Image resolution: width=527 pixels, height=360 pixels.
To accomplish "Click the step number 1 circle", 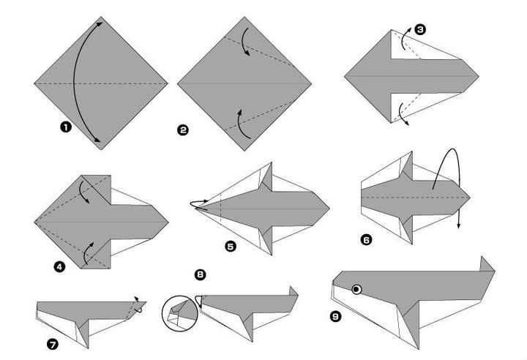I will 66,127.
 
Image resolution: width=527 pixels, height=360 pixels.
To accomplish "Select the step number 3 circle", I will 419,30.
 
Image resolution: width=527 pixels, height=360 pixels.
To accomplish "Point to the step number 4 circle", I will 60,267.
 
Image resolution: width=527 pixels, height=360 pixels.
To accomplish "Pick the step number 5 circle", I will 231,247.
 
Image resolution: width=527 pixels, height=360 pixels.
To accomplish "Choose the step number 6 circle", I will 365,239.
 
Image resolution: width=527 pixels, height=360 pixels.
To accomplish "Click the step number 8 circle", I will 200,275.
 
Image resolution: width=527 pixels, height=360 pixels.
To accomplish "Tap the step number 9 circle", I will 336,317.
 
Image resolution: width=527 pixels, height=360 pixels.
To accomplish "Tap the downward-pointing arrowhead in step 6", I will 460,225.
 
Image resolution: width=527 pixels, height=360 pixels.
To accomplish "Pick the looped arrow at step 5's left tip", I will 202,205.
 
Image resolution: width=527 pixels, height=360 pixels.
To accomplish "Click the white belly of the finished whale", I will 366,315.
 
